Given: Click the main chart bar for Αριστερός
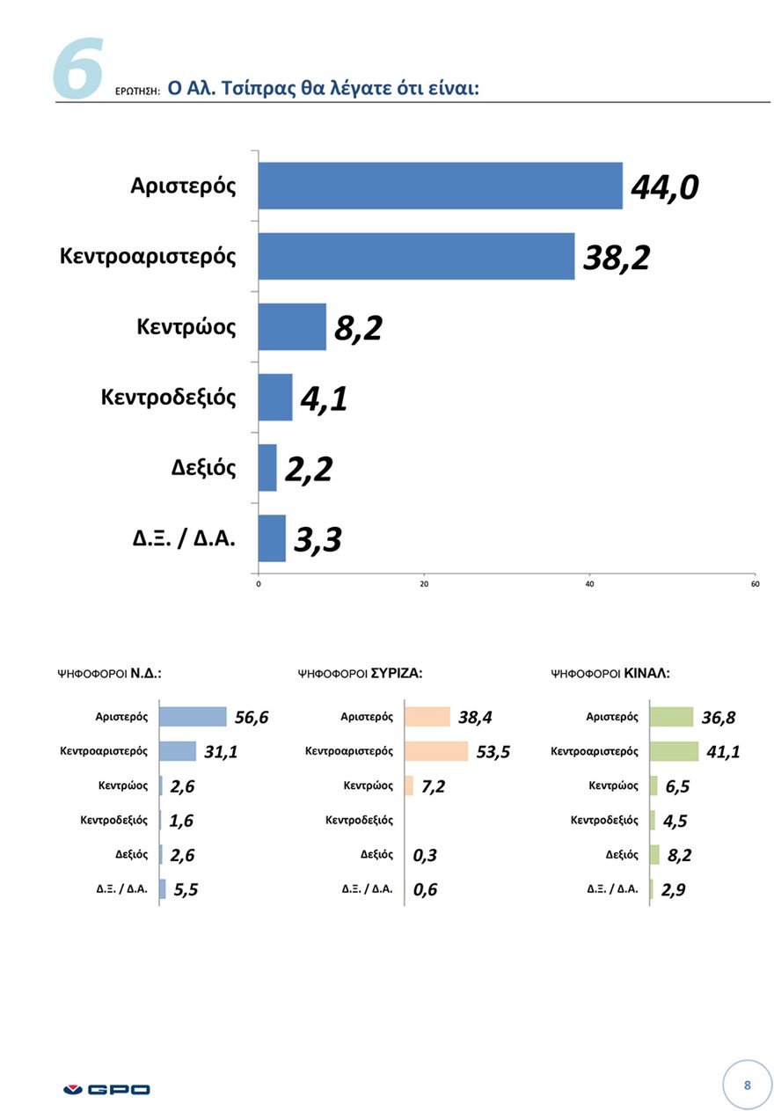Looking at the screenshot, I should click(x=440, y=186).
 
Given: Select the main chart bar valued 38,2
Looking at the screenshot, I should click(x=416, y=256).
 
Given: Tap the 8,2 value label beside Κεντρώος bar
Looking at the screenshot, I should click(x=358, y=328).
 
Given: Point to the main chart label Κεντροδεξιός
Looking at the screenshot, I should click(x=169, y=397).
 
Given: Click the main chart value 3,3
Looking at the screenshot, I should click(x=317, y=539).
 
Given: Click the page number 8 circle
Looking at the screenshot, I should click(x=747, y=1085).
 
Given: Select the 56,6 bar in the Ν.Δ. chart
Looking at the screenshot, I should click(x=193, y=717).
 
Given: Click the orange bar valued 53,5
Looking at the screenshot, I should click(x=435, y=751).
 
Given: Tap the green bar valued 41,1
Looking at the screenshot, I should click(x=673, y=751).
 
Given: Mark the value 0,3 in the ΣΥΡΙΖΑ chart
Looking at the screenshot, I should click(x=425, y=855).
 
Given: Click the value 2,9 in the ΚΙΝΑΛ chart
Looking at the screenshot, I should click(x=673, y=889).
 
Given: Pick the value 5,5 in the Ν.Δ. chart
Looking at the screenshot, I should click(x=186, y=889).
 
